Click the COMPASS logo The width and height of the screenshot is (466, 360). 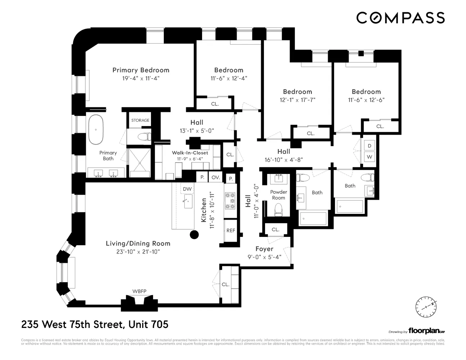click(x=400, y=18)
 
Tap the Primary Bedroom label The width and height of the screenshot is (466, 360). click(x=140, y=70)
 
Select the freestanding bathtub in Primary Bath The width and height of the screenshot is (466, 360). click(x=96, y=129)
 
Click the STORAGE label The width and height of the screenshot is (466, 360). click(x=140, y=120)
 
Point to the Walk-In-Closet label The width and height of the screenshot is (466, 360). click(x=190, y=153)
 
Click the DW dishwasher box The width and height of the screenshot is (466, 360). click(x=187, y=189)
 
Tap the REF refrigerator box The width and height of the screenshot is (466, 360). click(x=230, y=230)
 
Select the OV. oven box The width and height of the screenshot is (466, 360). click(x=215, y=177)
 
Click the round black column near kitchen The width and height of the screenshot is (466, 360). click(x=194, y=235)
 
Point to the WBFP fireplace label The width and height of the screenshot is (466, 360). click(x=139, y=291)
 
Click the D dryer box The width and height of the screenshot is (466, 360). click(x=369, y=146)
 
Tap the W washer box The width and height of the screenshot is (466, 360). click(x=369, y=157)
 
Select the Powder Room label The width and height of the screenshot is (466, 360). click(x=278, y=195)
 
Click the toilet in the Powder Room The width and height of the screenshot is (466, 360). click(x=278, y=210)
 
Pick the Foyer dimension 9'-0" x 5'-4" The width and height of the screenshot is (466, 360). click(x=264, y=257)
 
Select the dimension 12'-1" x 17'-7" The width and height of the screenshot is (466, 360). click(x=297, y=100)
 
